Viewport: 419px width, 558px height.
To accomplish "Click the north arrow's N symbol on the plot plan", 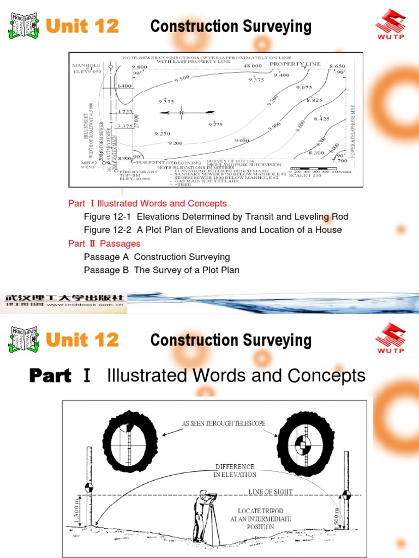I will pos(182,113).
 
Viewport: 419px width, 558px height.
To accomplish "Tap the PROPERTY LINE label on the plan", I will pos(296,64).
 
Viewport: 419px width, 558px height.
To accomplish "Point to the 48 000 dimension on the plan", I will pos(254,65).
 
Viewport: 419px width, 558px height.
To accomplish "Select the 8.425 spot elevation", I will pos(322,118).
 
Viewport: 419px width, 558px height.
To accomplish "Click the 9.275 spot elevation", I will pos(216,125).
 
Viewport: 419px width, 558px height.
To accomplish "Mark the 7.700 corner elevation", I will pos(340,161).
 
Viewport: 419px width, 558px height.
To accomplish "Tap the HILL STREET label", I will pos(86,131).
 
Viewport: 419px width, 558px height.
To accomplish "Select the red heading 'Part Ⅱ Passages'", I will pos(104,244).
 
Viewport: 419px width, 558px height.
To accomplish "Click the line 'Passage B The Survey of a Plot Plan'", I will pos(161,270).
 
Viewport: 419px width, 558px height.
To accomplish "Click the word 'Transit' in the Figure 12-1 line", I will pos(243,217).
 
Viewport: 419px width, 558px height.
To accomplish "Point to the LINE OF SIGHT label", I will pos(271,492).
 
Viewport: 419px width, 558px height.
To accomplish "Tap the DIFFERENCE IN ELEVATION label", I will pos(235,471).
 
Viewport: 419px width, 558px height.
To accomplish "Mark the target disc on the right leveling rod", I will pos(346,495).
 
